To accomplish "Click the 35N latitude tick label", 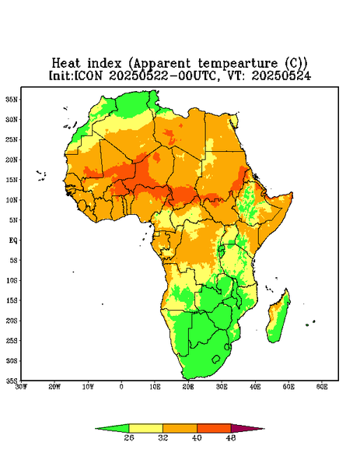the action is (12, 100).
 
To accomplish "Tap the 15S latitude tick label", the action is (12, 300).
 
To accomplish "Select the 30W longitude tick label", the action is (21, 387).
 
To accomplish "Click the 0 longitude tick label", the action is (121, 387).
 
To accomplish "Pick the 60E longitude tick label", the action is (322, 387).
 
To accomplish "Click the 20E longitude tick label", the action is (188, 387).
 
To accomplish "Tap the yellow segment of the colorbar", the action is (145, 428).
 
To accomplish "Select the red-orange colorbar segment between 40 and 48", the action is (214, 428).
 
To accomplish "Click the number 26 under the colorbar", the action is (129, 437).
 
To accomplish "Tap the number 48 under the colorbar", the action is (231, 437).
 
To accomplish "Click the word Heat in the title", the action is (66, 63).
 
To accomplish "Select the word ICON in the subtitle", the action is (88, 75).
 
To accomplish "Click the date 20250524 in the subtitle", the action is (281, 75).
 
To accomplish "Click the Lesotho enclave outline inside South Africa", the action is (216, 359).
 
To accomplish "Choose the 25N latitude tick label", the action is (12, 139).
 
